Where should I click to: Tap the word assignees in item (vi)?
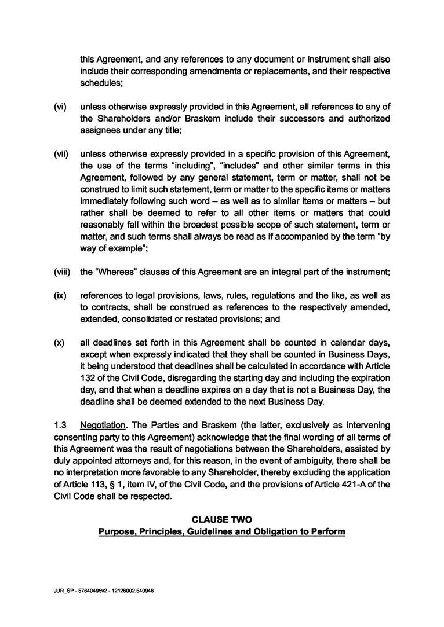point(101,130)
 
